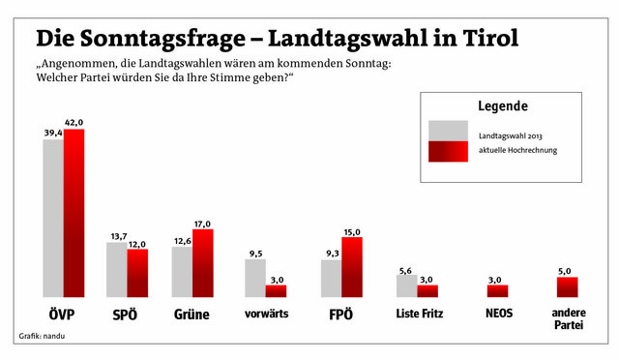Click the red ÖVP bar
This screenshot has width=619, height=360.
point(74,213)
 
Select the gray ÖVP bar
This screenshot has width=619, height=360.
point(53,218)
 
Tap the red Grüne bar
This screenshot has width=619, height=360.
point(203,263)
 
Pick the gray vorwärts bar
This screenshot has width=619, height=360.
point(255,278)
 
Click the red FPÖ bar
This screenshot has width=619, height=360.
point(352,267)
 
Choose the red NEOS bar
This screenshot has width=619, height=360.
point(497,291)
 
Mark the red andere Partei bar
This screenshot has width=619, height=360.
point(568,287)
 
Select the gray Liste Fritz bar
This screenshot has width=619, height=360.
point(406,286)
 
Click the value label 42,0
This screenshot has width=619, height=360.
point(74,123)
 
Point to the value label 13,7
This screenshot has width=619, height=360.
point(119,236)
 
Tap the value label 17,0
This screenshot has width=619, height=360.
point(202,225)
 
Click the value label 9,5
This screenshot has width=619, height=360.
point(255,254)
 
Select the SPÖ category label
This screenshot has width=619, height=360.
point(125,315)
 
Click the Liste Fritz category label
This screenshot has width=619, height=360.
point(420,314)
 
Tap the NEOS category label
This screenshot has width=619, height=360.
point(499,314)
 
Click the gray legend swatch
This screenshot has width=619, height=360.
point(449,131)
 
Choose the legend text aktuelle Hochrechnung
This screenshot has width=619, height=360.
point(518,150)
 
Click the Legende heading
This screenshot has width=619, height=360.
point(503,105)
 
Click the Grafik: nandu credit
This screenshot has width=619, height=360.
point(42,336)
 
